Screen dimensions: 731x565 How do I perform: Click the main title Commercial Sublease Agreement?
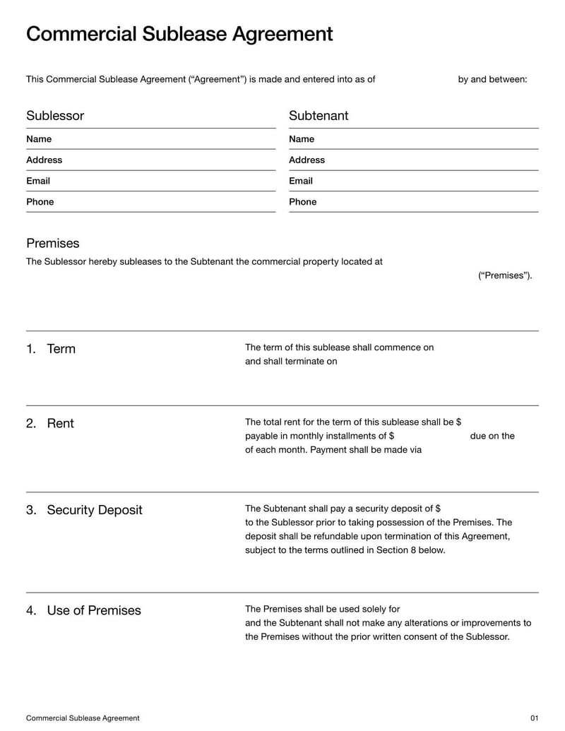click(x=179, y=35)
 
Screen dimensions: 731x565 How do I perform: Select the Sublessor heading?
click(x=55, y=116)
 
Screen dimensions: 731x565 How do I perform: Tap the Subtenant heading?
click(x=319, y=116)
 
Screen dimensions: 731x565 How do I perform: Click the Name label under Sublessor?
click(x=39, y=139)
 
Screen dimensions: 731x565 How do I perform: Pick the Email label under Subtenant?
click(x=301, y=181)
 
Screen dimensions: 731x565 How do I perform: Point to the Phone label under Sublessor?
click(x=40, y=202)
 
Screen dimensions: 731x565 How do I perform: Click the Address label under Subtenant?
click(x=307, y=160)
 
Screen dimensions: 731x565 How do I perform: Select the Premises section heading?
click(x=53, y=244)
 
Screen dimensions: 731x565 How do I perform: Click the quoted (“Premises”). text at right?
click(x=505, y=275)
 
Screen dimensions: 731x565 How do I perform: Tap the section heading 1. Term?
click(x=51, y=349)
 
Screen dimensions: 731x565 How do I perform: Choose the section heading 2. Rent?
click(x=50, y=424)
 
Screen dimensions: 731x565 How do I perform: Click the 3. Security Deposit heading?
click(x=84, y=510)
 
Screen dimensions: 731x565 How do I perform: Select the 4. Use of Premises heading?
click(x=83, y=611)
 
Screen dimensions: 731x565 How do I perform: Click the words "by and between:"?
click(x=492, y=79)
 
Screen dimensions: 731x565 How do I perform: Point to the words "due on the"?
click(x=492, y=436)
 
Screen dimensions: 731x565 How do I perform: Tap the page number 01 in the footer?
click(x=534, y=718)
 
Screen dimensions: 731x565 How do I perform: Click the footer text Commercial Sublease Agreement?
click(x=83, y=718)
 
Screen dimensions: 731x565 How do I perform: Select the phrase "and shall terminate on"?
click(x=291, y=362)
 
